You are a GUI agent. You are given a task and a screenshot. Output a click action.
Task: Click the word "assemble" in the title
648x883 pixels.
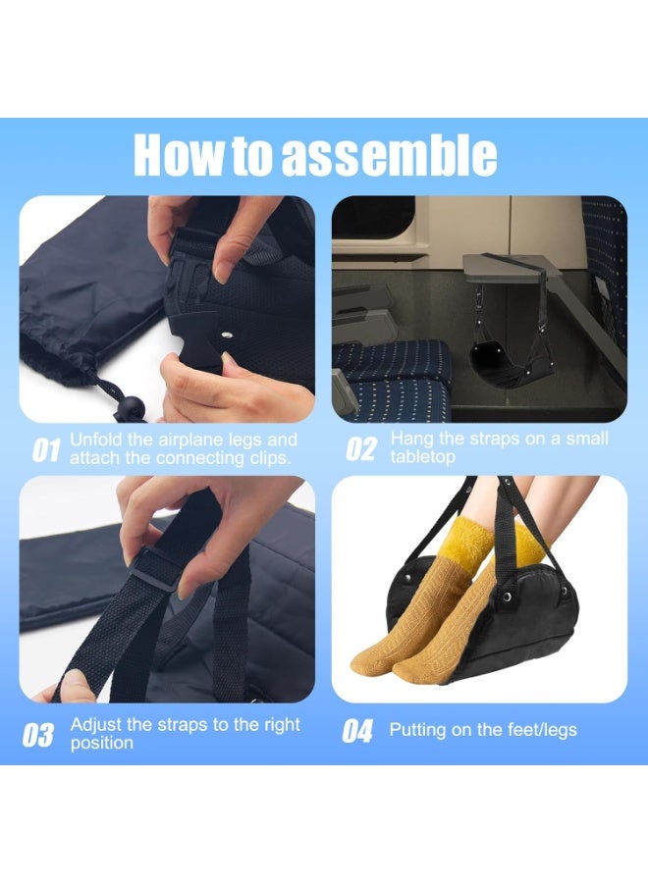point(390,155)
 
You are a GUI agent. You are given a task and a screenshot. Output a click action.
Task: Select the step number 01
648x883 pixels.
point(45,450)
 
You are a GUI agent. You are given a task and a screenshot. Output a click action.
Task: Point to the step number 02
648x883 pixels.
point(360,448)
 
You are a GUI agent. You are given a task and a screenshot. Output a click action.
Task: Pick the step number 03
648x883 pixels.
point(38,736)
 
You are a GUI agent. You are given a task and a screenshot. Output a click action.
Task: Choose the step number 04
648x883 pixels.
point(357,732)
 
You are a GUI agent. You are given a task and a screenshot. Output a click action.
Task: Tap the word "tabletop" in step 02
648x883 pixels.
point(422,456)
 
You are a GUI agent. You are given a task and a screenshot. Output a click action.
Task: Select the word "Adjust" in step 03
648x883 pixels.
point(95,725)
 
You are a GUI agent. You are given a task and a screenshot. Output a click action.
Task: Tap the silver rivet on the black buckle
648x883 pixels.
point(228,336)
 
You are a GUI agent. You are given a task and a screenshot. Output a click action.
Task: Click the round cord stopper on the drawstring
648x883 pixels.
point(130,405)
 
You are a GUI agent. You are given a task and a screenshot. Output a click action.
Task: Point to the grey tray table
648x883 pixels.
point(510,269)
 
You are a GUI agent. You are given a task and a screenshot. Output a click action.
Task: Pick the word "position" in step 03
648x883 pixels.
point(102,744)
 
